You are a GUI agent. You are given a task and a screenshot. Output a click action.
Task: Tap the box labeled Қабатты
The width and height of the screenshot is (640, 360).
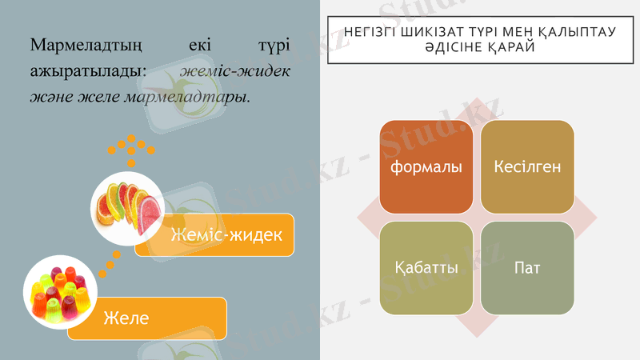[x=426, y=266]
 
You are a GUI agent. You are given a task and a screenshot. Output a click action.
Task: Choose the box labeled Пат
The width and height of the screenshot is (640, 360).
[x=527, y=266]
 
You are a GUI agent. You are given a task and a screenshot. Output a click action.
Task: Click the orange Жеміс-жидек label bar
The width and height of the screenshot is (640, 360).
[x=226, y=235]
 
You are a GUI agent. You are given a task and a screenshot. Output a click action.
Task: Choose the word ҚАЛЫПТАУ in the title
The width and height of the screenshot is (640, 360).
[x=578, y=33]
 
